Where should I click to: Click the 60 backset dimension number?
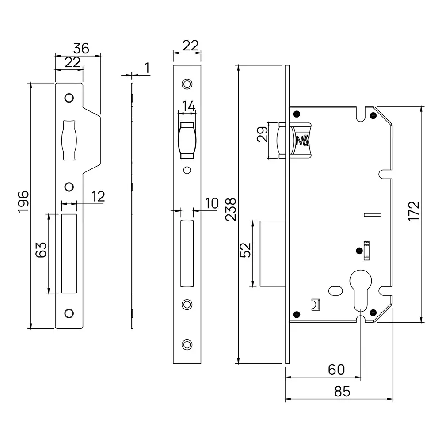point(336,370)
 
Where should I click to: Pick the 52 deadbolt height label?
point(246,250)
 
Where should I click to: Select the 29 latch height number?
point(262,133)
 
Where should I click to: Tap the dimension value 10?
point(211,203)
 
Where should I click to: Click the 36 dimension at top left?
point(82,48)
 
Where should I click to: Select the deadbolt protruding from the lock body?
point(272,253)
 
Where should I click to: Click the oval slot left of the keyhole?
point(336,290)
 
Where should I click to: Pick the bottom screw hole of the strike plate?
point(69,313)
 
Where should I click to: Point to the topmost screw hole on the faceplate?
point(187,84)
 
